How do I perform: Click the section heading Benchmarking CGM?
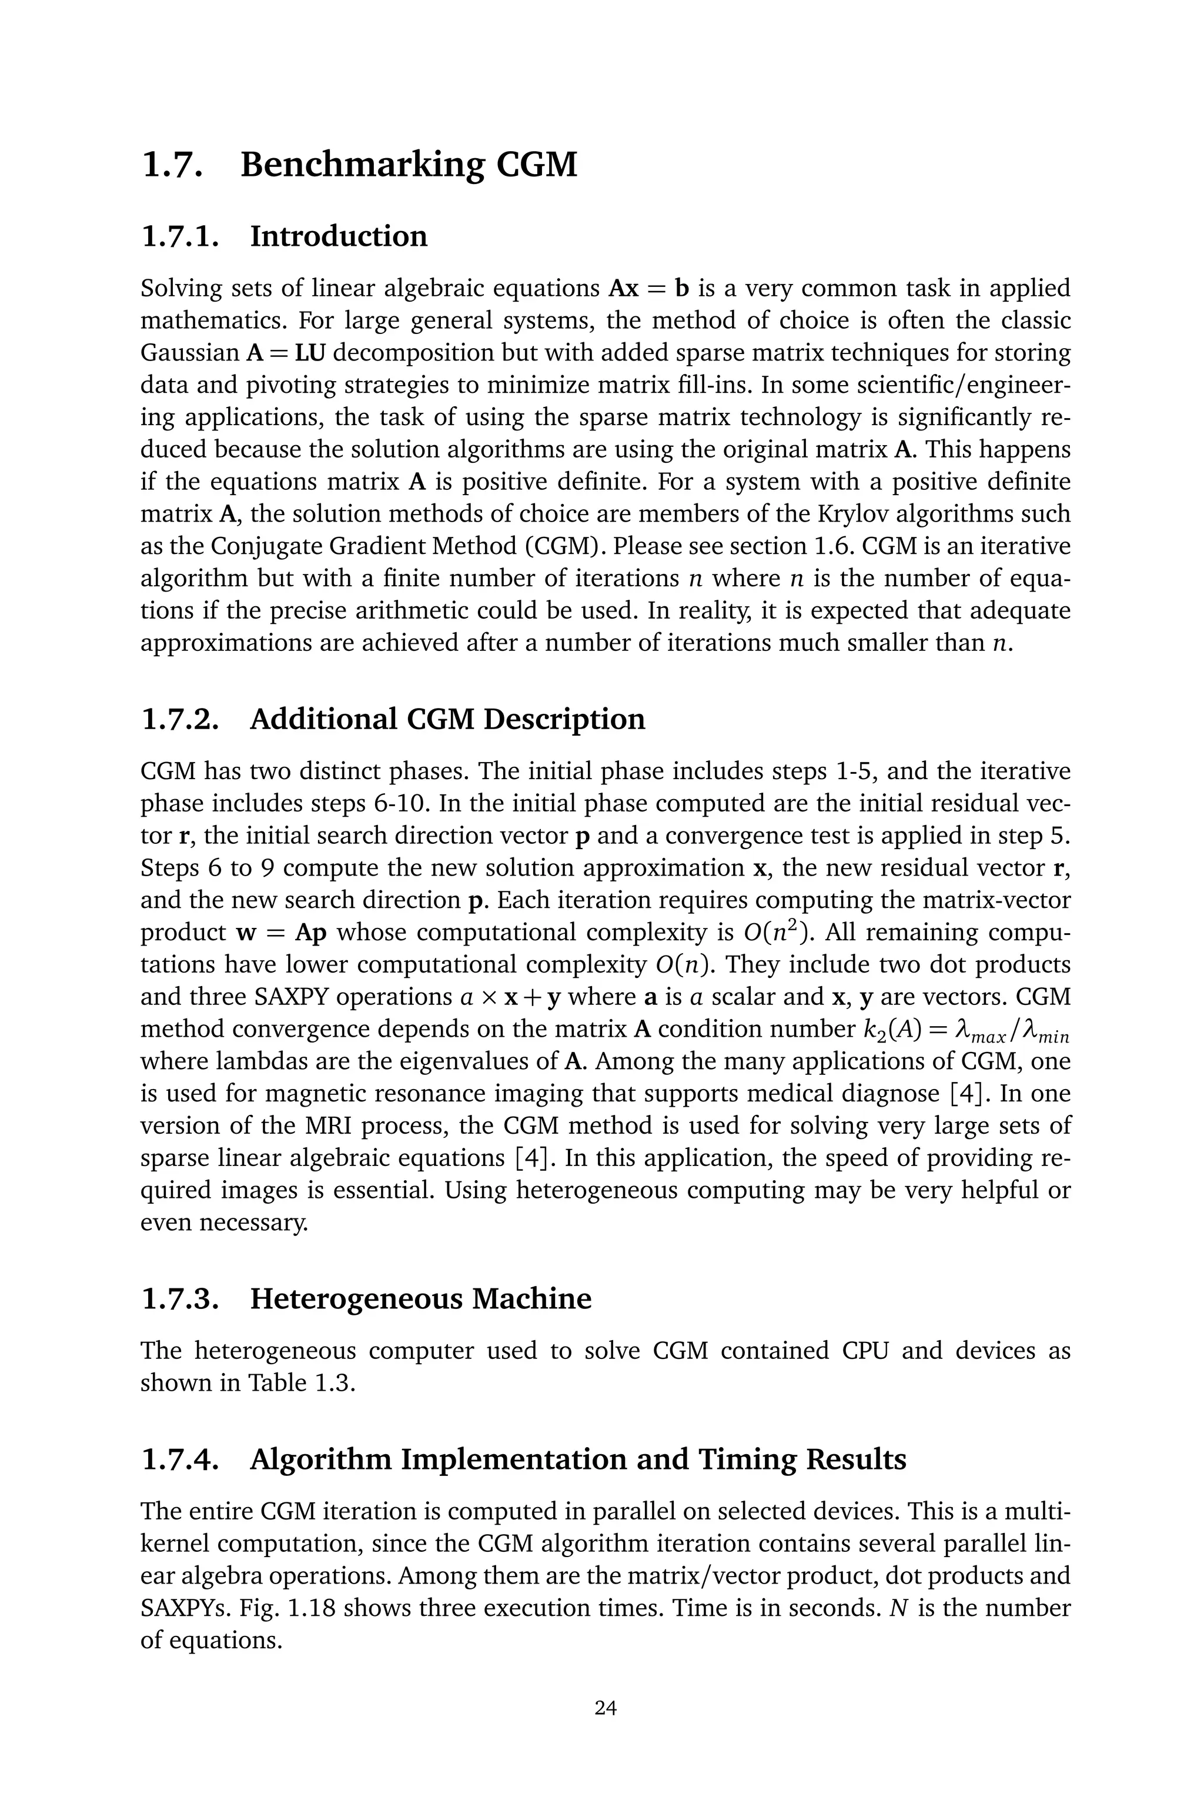[408, 165]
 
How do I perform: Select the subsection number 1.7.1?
[180, 236]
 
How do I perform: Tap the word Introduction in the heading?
[339, 236]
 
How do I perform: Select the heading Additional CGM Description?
[447, 719]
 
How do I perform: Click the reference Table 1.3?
[300, 1383]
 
